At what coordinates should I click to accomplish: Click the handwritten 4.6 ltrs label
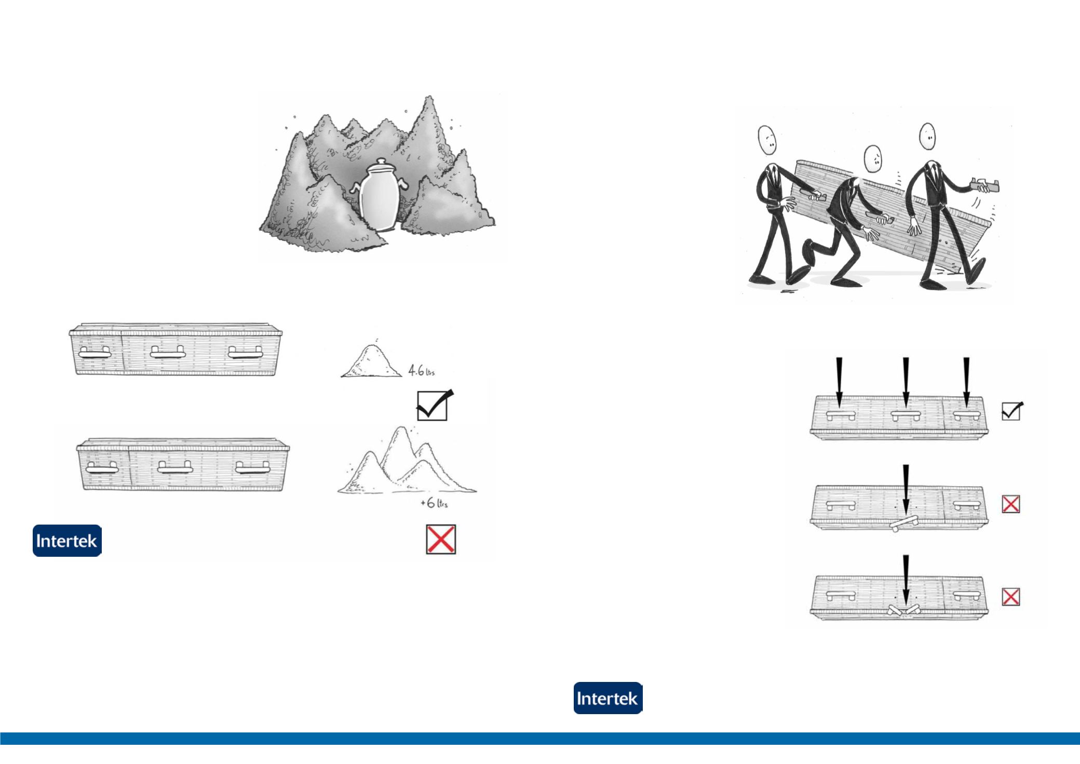tap(421, 371)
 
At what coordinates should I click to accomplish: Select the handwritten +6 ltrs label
tap(434, 503)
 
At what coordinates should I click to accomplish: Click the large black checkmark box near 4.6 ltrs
tap(433, 406)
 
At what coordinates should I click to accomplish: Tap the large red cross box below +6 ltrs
tap(441, 540)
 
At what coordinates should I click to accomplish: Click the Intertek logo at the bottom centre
tap(608, 698)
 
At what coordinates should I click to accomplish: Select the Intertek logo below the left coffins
tap(67, 541)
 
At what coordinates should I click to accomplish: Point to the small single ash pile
tap(371, 361)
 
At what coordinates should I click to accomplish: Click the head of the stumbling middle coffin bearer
tap(873, 158)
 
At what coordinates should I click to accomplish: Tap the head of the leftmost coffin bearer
tap(767, 139)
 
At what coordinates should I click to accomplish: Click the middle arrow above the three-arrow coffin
tap(906, 382)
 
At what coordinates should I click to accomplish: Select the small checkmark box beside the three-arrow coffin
tap(1011, 411)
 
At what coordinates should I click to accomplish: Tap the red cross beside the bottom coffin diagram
tap(1010, 597)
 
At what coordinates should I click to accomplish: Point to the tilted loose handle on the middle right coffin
tap(904, 522)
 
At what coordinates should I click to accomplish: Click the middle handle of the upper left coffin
tap(168, 353)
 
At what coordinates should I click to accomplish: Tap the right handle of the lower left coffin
tap(252, 468)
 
